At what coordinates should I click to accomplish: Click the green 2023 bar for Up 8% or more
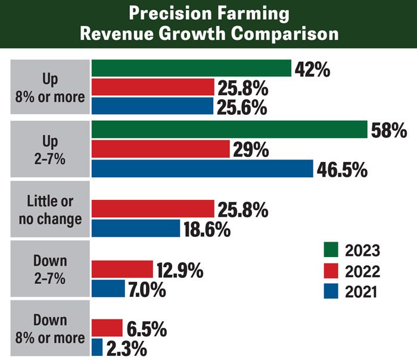191,68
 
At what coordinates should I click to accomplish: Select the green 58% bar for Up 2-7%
229,129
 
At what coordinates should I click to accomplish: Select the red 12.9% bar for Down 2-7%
122,270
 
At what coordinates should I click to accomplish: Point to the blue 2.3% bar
97,348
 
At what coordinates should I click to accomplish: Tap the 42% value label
312,69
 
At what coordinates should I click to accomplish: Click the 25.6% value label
242,108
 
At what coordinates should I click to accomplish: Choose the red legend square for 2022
331,271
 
